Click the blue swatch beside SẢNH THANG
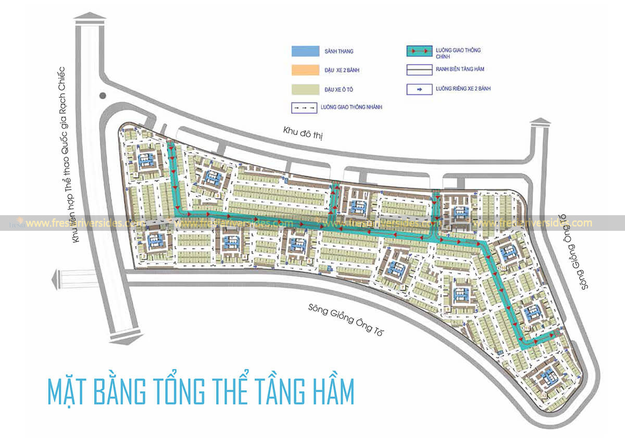[x=304, y=51]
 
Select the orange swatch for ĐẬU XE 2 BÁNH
[x=304, y=70]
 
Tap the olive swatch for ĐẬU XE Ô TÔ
[x=304, y=89]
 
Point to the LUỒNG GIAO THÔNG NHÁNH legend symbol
[x=304, y=108]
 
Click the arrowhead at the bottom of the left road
[x=125, y=340]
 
